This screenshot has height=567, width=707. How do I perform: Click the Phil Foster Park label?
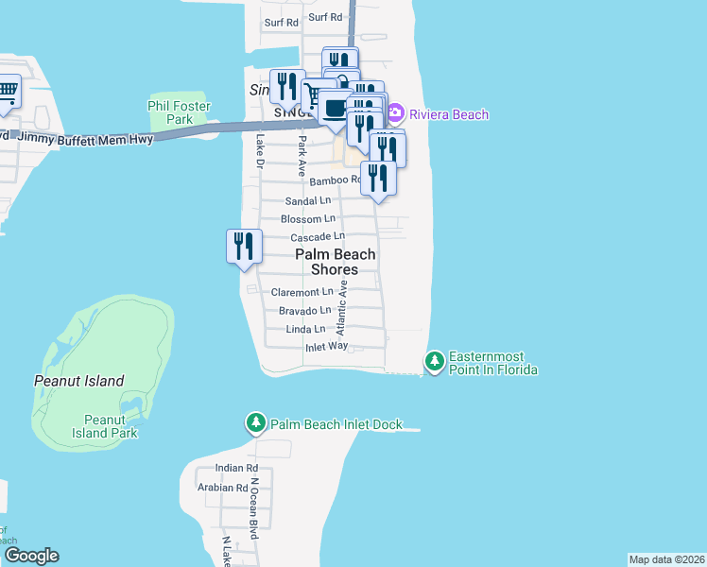tap(170, 112)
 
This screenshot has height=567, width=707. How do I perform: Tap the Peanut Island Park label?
tap(111, 426)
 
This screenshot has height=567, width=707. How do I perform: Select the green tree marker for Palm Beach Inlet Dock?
tap(255, 424)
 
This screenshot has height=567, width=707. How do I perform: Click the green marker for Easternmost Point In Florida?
tap(435, 362)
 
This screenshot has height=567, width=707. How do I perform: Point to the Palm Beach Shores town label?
tap(336, 262)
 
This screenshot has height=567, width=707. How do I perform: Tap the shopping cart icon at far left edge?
tap(7, 93)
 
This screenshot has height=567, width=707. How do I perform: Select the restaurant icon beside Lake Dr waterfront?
tap(244, 247)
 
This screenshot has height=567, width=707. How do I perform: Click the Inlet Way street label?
tap(326, 347)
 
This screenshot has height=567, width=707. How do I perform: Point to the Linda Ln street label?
tap(306, 329)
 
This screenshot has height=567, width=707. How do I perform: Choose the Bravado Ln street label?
tap(304, 310)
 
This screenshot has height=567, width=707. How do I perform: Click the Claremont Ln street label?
tap(302, 293)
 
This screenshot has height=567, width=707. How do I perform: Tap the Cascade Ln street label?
tap(317, 236)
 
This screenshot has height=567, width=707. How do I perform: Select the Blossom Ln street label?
tap(308, 218)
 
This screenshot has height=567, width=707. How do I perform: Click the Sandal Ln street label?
tap(308, 201)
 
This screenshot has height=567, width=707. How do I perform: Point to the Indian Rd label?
tap(236, 468)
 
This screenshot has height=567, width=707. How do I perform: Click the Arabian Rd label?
tap(222, 488)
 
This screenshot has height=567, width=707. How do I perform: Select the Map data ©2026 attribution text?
tap(666, 559)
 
